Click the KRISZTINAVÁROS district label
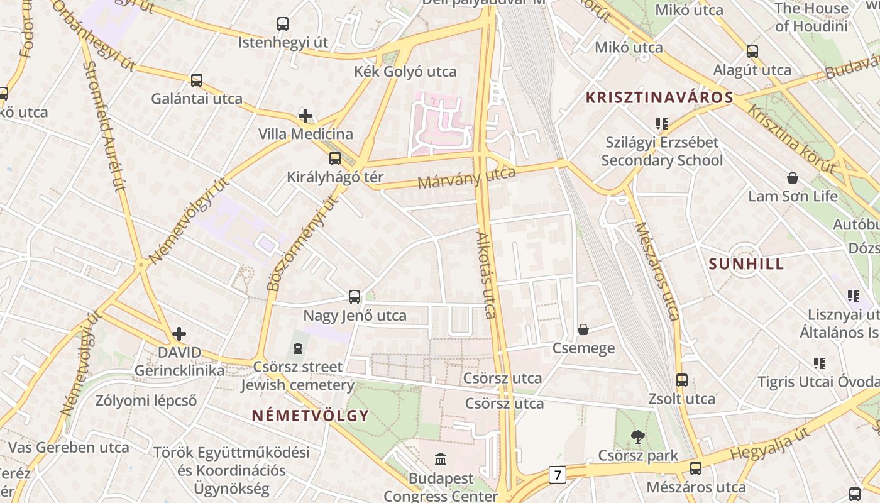(659, 97)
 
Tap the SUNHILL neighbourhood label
(746, 263)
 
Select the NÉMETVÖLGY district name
(310, 416)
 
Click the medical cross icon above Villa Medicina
(305, 116)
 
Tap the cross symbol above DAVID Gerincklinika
(179, 333)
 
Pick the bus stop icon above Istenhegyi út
(283, 24)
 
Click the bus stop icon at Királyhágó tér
(335, 158)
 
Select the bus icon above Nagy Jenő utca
(355, 297)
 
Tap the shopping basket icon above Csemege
(583, 329)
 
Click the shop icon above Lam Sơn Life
(793, 178)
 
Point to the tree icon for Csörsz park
(638, 436)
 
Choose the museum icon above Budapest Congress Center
(441, 460)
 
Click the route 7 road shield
(557, 474)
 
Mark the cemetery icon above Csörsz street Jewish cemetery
(298, 348)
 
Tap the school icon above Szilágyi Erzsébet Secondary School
(661, 123)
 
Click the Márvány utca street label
(466, 177)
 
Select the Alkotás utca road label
(487, 275)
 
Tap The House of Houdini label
(811, 17)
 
